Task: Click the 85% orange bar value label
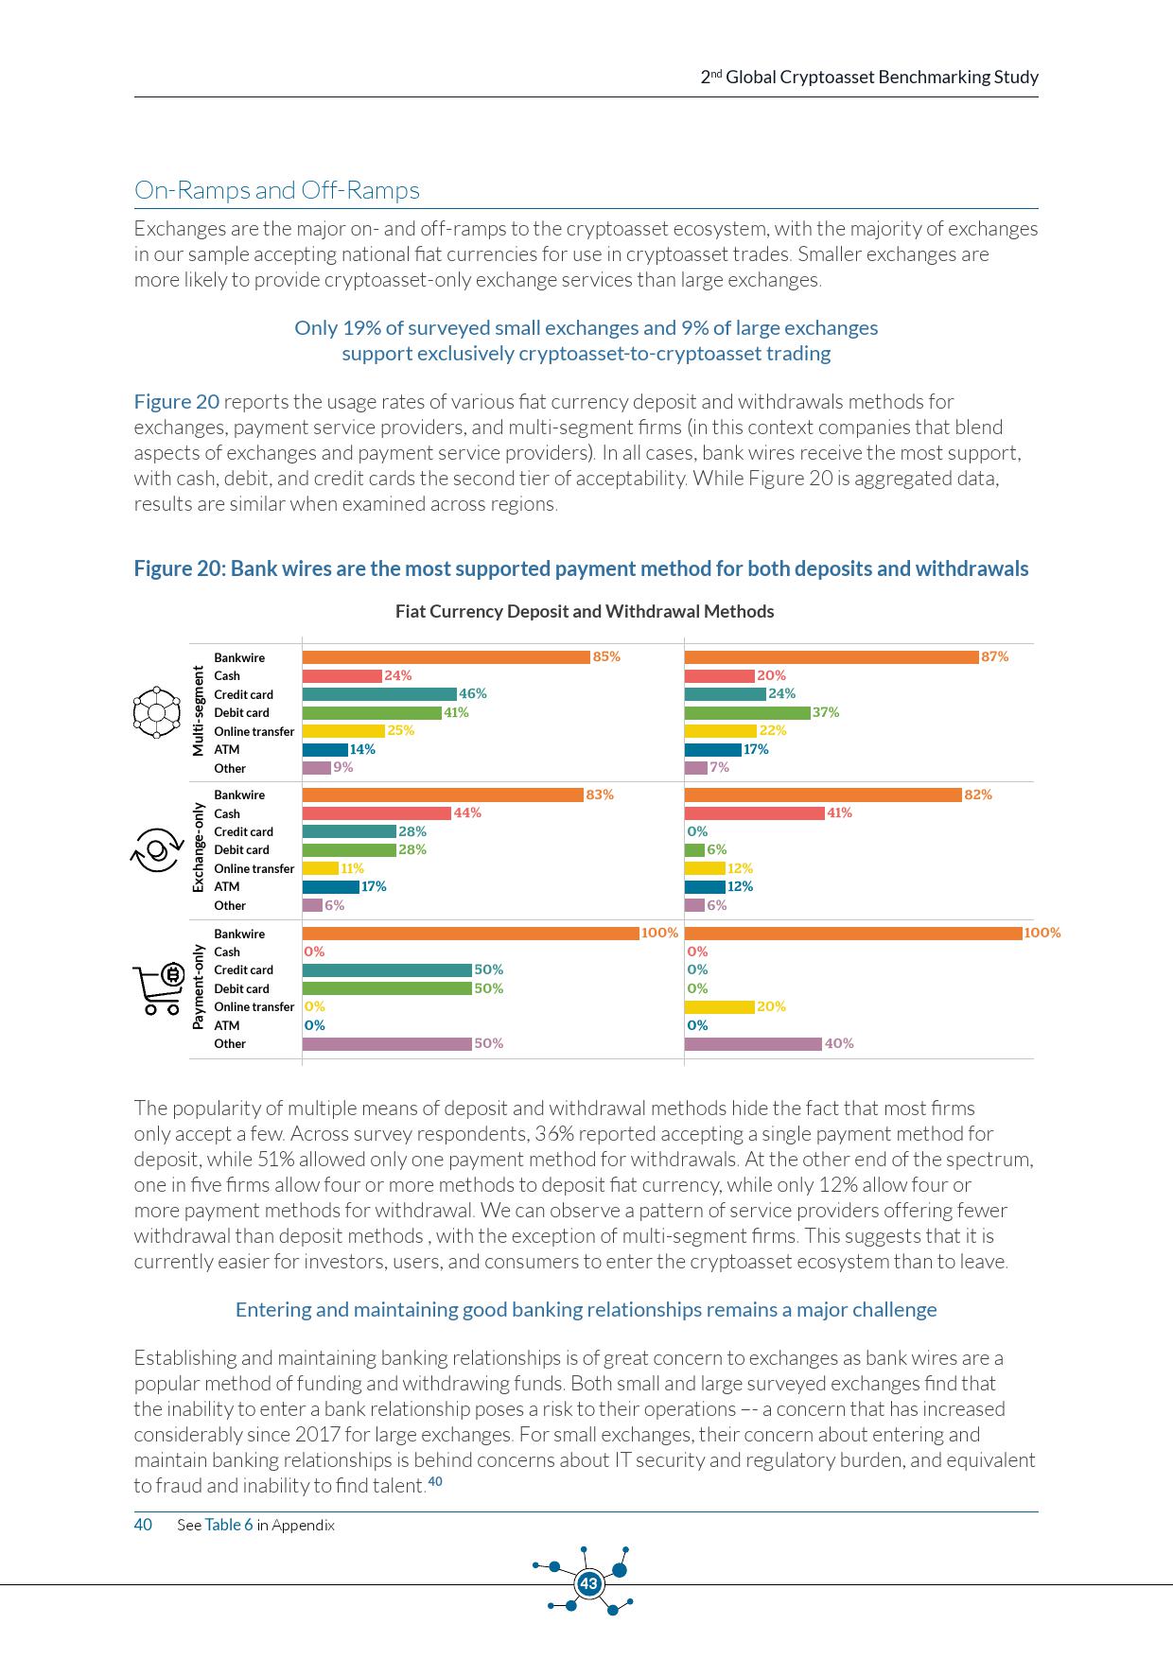tap(606, 656)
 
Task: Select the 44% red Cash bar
tap(376, 813)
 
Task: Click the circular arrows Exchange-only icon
tap(156, 848)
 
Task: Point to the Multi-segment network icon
tap(156, 711)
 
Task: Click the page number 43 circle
tap(588, 1583)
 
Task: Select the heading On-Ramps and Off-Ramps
tap(277, 190)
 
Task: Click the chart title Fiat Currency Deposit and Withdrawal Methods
tap(585, 611)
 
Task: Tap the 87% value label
tap(995, 656)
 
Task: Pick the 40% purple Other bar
tap(753, 1044)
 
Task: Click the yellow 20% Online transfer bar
tap(719, 1007)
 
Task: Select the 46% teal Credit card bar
tap(379, 694)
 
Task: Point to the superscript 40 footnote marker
tap(435, 1481)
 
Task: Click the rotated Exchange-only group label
tap(198, 848)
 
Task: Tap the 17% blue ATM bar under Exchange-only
tap(330, 887)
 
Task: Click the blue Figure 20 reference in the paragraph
tap(176, 402)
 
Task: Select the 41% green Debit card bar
tap(372, 713)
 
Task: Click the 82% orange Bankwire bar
tap(823, 795)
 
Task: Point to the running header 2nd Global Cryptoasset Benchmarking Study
tap(869, 78)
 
